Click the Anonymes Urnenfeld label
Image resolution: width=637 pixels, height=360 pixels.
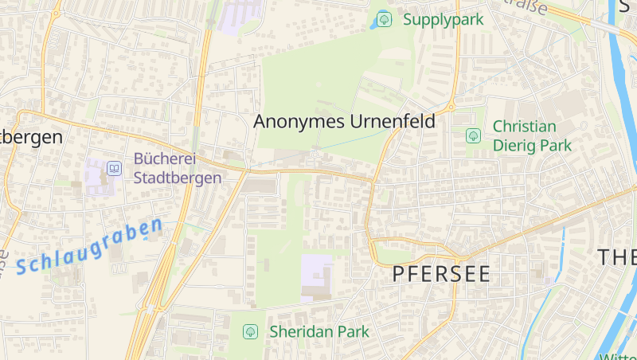pyautogui.click(x=344, y=122)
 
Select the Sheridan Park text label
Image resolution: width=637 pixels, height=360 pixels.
pyautogui.click(x=319, y=331)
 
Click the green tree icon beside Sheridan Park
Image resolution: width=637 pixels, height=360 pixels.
pyautogui.click(x=251, y=331)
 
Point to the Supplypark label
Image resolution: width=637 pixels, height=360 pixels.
pyautogui.click(x=443, y=19)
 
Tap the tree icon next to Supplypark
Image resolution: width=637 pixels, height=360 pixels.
pyautogui.click(x=384, y=18)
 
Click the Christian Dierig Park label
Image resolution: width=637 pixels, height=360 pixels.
pyautogui.click(x=524, y=135)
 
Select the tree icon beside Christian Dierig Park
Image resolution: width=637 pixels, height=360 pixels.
pyautogui.click(x=473, y=135)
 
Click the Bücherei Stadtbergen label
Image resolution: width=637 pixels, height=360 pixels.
pyautogui.click(x=177, y=168)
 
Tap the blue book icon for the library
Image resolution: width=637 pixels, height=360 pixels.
pyautogui.click(x=115, y=168)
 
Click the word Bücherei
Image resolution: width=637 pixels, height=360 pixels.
pyautogui.click(x=164, y=158)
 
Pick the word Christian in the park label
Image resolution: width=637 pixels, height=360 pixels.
pyautogui.click(x=524, y=126)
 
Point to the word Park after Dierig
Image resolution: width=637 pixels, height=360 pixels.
pyautogui.click(x=556, y=146)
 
